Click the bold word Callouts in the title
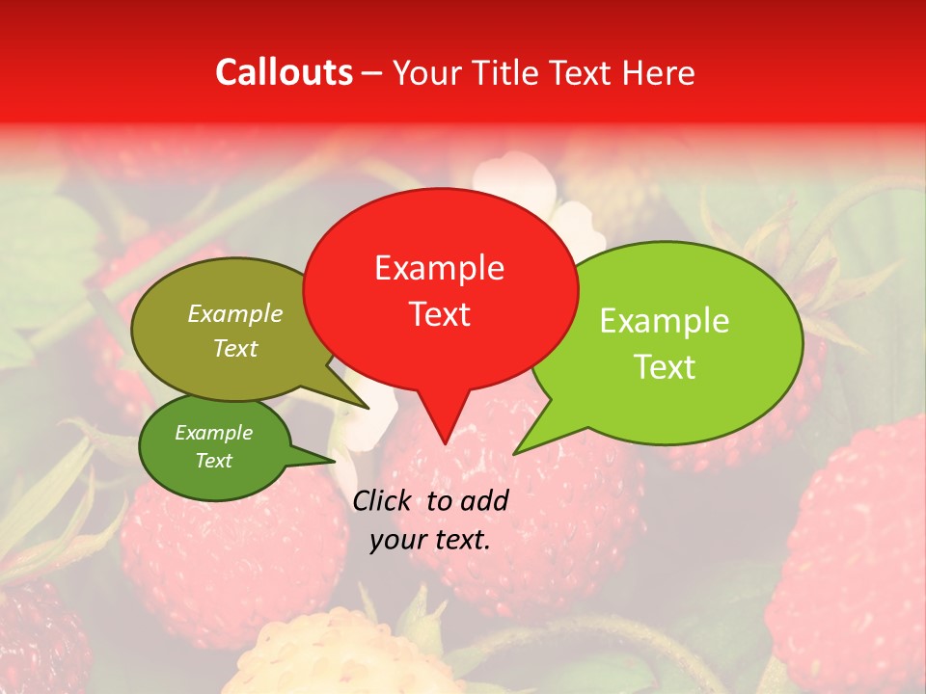pos(284,72)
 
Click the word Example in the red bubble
pos(439,268)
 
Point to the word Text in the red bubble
pos(439,314)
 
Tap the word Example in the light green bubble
pos(664,321)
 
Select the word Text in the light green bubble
pos(666,367)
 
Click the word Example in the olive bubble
pos(234,314)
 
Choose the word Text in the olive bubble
pos(234,349)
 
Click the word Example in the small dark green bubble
pos(213,433)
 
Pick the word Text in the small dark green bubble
pos(213,461)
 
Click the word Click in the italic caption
pos(383,500)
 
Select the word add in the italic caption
pos(485,500)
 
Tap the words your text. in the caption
pos(429,541)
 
